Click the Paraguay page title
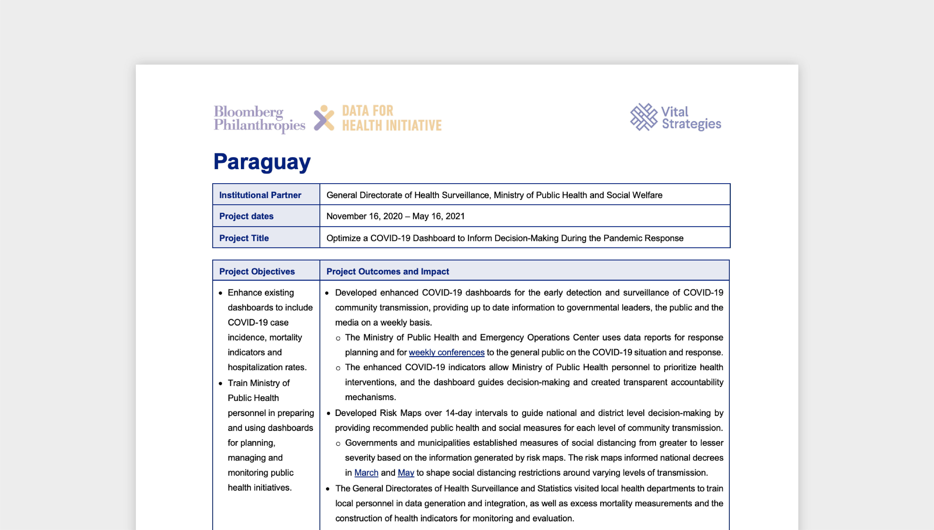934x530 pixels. tap(262, 162)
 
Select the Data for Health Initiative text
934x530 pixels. tap(391, 118)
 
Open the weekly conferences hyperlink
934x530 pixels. tap(446, 352)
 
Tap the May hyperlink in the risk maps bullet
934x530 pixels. tap(406, 472)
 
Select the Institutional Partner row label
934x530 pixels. tap(260, 195)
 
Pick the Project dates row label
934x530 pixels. tap(246, 216)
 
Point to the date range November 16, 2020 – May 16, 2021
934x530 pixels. tap(395, 216)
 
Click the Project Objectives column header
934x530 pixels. tap(257, 272)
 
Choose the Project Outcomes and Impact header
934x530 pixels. tap(387, 272)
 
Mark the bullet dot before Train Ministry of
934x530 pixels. tap(220, 384)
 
